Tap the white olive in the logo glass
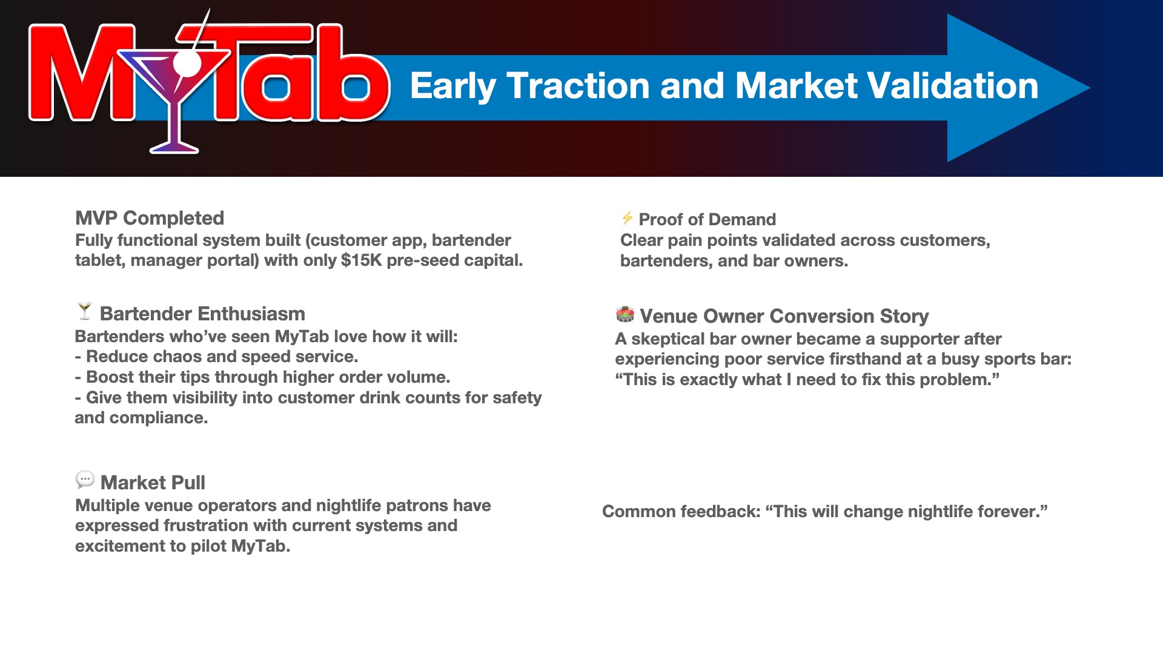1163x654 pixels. pyautogui.click(x=187, y=64)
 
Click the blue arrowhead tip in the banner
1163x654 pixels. pyautogui.click(x=1089, y=88)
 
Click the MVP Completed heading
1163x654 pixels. pyautogui.click(x=150, y=218)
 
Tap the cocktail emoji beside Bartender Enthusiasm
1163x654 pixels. pyautogui.click(x=85, y=311)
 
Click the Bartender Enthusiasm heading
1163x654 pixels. pyautogui.click(x=202, y=314)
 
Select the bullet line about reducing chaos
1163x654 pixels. pyautogui.click(x=217, y=357)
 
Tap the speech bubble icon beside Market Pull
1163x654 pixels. pyautogui.click(x=85, y=480)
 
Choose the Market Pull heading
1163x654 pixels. pyautogui.click(x=153, y=483)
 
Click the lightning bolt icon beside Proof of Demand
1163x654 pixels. pyautogui.click(x=628, y=218)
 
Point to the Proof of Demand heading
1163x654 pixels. pyautogui.click(x=707, y=219)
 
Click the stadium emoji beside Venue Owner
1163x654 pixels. pyautogui.click(x=625, y=314)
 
